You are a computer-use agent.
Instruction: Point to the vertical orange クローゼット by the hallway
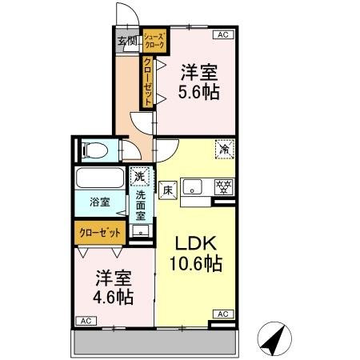tap(148, 81)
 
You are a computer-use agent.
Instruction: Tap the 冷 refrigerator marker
tap(226, 148)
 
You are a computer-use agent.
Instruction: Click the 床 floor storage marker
tap(169, 190)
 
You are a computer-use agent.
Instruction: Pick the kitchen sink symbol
tap(192, 188)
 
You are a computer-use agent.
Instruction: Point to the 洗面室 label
tap(140, 204)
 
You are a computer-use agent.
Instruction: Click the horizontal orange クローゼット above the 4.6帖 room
tap(101, 232)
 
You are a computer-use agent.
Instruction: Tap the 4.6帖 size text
tap(111, 296)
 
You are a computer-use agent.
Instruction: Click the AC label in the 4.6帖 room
tap(84, 320)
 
